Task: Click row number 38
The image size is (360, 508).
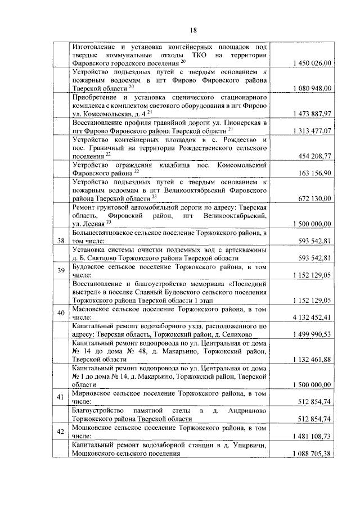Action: (61, 241)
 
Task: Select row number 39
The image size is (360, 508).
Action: (61, 270)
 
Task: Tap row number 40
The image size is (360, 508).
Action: (61, 313)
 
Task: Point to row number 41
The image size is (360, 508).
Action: (61, 398)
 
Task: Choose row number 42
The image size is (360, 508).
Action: (61, 432)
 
